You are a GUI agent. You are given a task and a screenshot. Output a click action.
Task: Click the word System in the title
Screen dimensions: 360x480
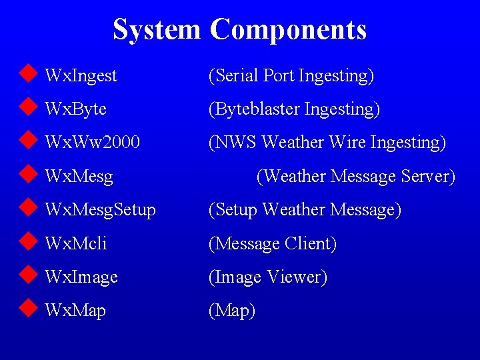(157, 29)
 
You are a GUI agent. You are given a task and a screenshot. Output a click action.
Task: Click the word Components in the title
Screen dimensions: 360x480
(288, 30)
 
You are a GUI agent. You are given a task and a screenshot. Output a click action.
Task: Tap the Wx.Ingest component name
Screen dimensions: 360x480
(81, 76)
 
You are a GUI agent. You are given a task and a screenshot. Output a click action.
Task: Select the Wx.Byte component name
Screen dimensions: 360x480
(75, 109)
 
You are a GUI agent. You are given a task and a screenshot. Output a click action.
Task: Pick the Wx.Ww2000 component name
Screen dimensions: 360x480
(92, 143)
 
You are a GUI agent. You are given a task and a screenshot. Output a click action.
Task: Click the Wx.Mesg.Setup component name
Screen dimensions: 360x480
(100, 210)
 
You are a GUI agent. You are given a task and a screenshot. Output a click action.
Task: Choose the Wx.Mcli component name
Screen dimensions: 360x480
(75, 243)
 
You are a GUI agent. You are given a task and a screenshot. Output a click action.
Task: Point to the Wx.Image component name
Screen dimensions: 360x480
(81, 277)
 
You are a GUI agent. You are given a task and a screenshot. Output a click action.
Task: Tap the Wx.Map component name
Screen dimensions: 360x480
(75, 311)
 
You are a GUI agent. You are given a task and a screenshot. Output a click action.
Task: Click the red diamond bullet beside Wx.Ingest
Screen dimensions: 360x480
(27, 74)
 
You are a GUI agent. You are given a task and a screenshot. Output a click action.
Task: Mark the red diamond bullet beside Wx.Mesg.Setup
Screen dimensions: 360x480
(27, 208)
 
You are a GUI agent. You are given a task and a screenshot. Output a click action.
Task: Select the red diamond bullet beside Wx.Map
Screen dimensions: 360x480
(27, 309)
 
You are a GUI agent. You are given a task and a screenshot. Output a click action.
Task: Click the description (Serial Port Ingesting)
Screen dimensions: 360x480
(291, 76)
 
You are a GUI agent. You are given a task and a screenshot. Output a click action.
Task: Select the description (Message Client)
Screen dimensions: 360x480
(273, 243)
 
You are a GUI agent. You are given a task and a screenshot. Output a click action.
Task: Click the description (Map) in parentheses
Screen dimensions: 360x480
(232, 311)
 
